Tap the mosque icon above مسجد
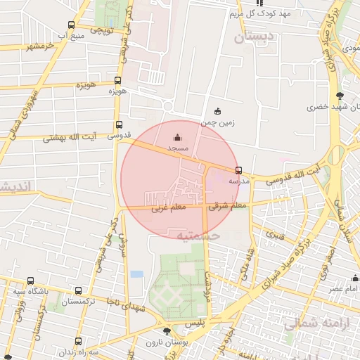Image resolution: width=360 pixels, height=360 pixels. point(176,138)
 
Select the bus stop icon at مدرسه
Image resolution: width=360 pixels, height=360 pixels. point(239,170)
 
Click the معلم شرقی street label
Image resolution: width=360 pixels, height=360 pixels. point(228,207)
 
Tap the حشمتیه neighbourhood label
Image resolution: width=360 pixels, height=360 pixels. point(198,236)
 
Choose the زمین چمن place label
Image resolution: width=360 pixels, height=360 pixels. point(218,122)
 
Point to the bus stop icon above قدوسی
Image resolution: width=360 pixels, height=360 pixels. point(118,124)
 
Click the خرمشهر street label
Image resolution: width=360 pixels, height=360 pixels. point(41,46)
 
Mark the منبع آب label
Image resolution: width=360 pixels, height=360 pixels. point(71,34)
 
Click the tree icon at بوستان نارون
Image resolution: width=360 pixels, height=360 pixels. point(167,330)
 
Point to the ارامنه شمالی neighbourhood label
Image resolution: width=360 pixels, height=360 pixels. point(312,324)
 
